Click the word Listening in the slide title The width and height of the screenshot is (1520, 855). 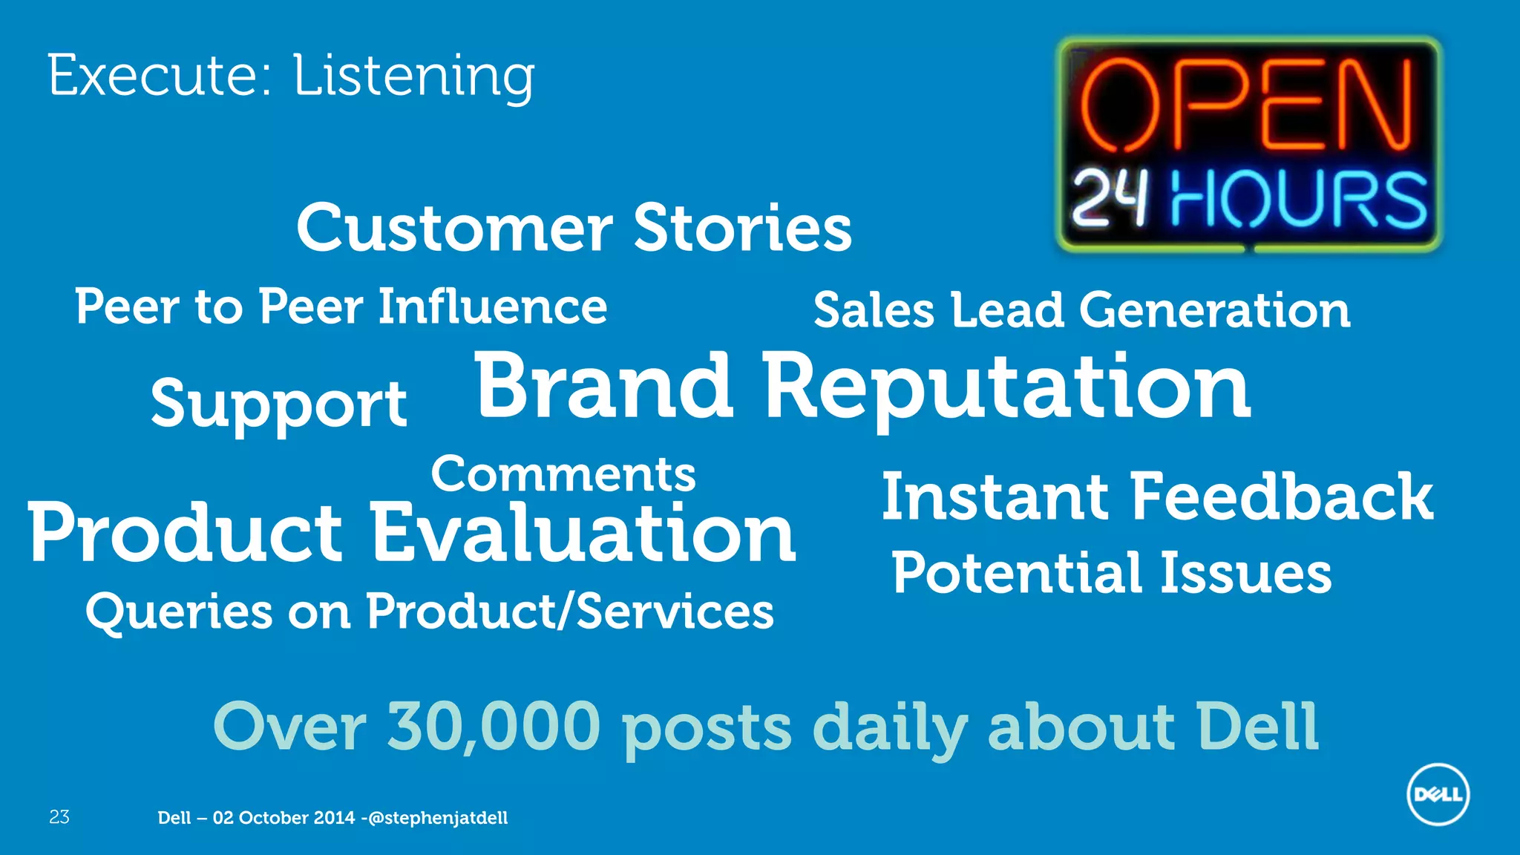point(413,76)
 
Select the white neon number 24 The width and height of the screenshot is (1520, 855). point(1110,198)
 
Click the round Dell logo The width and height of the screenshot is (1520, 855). point(1438,794)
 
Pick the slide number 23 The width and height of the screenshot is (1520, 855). point(59,817)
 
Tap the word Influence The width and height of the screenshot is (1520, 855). point(493,307)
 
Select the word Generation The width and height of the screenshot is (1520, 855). point(1214,310)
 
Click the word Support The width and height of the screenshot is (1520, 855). point(279,404)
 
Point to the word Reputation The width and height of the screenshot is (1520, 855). point(1006,390)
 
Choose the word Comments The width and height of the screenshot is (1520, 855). point(563,474)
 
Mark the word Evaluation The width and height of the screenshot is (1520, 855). point(583,533)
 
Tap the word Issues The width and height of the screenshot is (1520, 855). point(1245,573)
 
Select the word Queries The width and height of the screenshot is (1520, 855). point(179,613)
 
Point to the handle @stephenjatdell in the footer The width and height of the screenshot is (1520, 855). point(438,818)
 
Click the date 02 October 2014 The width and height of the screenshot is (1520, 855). point(284,818)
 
